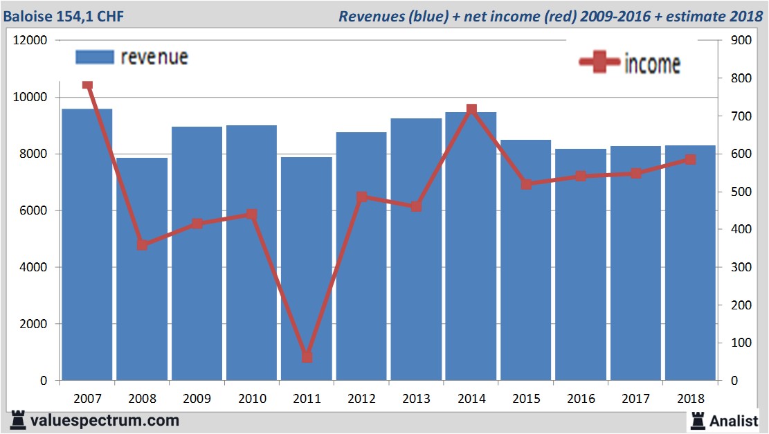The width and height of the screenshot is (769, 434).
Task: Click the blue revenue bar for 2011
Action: (x=307, y=277)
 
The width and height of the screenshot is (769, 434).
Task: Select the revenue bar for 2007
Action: (x=87, y=263)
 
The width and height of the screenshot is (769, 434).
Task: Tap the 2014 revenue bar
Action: (x=471, y=263)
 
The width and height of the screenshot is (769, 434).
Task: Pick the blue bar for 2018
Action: (x=690, y=277)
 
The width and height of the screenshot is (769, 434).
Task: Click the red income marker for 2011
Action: (x=307, y=357)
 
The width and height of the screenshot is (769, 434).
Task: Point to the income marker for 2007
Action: (x=87, y=85)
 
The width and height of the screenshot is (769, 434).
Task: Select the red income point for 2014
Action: (x=471, y=109)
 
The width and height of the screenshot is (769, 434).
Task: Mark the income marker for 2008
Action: (x=142, y=244)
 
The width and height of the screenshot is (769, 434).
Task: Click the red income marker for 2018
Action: (x=690, y=159)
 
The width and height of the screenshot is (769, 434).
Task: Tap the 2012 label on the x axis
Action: (x=361, y=399)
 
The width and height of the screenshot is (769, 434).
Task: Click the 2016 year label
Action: (x=581, y=399)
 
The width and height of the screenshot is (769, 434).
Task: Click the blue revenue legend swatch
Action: (x=94, y=57)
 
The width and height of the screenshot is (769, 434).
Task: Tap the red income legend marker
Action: (x=599, y=62)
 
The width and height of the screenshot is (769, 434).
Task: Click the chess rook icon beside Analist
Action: (x=697, y=419)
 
